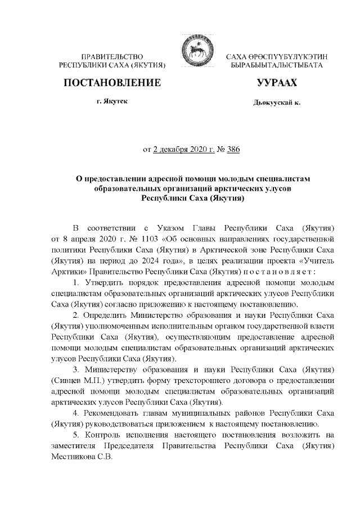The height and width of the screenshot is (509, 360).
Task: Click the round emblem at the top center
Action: click(x=193, y=51)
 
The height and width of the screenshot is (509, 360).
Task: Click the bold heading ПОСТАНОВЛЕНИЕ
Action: click(x=112, y=84)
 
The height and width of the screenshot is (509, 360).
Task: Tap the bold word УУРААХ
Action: click(x=277, y=84)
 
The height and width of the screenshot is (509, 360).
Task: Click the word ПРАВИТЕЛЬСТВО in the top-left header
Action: click(x=112, y=57)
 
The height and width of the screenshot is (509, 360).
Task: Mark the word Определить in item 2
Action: click(x=110, y=313)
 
